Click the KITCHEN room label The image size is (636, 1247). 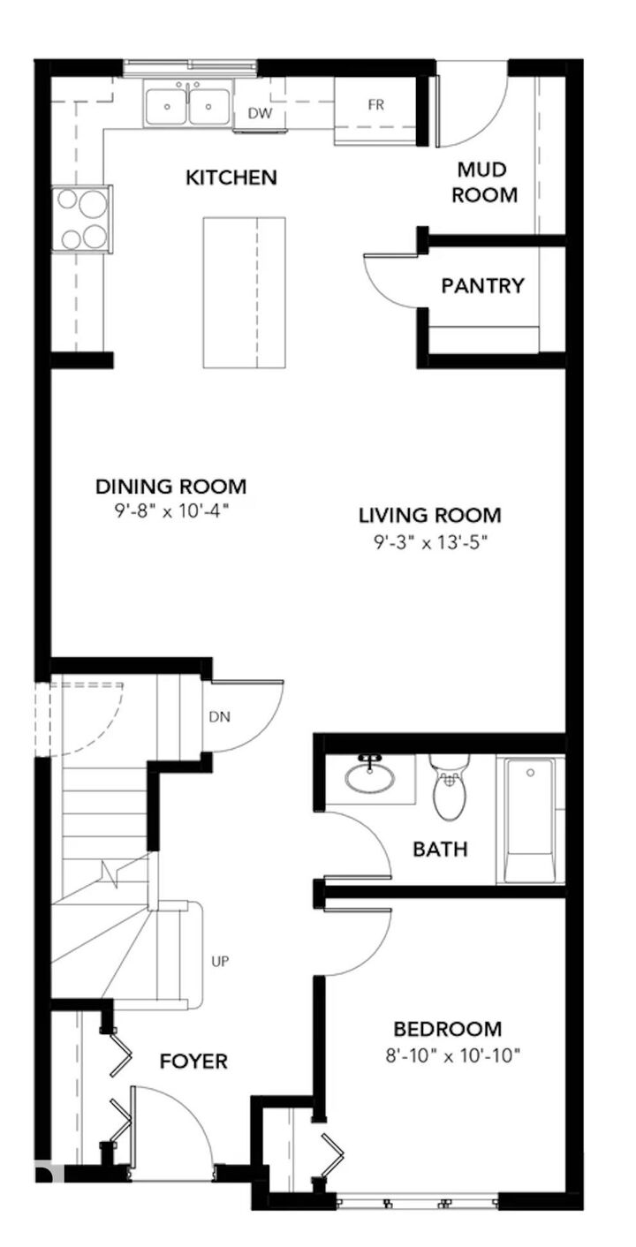tap(231, 178)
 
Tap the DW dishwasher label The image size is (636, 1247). tap(258, 113)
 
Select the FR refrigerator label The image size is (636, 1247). tap(376, 104)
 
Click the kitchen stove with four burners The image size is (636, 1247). tap(81, 219)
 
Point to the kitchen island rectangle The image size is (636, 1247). tap(244, 291)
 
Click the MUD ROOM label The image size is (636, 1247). tap(484, 182)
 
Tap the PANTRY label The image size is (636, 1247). tap(482, 286)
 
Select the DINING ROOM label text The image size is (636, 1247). tap(170, 487)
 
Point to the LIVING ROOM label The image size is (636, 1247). tap(429, 515)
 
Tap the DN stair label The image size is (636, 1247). tap(219, 717)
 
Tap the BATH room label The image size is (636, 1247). tap(440, 850)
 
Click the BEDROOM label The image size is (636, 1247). tap(447, 1029)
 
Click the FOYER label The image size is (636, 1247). tap(193, 1061)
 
